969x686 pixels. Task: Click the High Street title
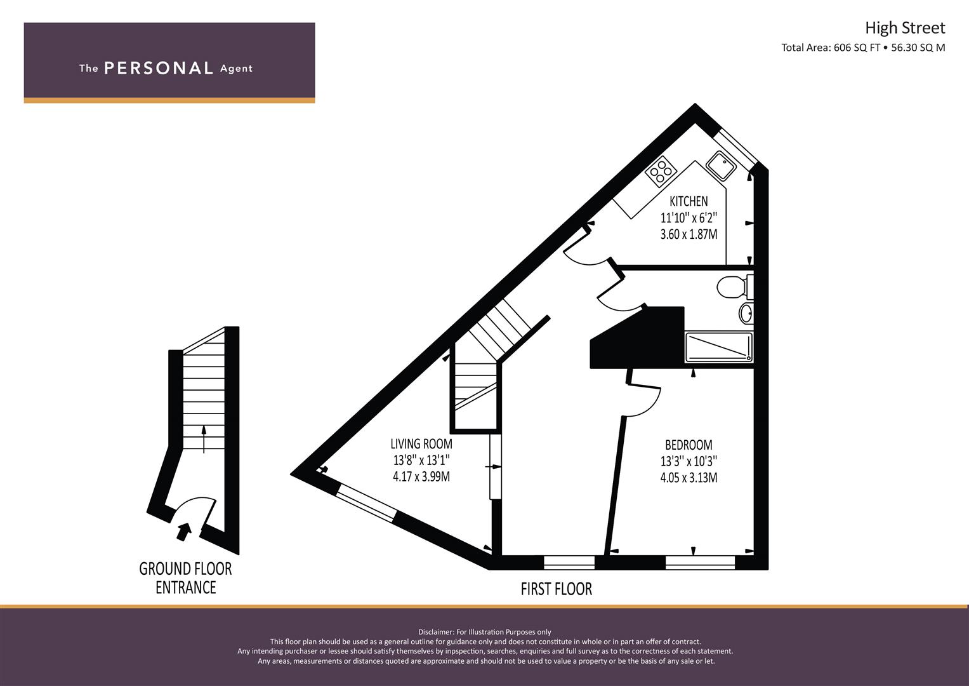click(905, 29)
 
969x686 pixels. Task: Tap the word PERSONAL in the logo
click(159, 69)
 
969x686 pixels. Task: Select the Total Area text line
click(863, 48)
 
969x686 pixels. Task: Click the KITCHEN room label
click(689, 201)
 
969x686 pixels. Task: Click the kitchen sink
click(721, 166)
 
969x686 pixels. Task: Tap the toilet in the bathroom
click(735, 287)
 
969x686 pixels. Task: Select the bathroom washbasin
click(746, 313)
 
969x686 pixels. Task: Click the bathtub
click(719, 347)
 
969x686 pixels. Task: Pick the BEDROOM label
click(689, 445)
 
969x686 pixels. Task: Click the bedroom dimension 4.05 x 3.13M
click(689, 478)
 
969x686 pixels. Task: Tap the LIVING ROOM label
click(421, 444)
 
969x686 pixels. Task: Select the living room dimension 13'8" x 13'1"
click(421, 460)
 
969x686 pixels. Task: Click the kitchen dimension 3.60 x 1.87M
click(689, 234)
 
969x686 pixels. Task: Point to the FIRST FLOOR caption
click(557, 589)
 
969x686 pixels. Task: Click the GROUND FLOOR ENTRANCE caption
click(185, 578)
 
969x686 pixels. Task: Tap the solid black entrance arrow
click(184, 532)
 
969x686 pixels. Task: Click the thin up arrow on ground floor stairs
click(204, 439)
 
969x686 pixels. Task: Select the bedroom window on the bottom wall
click(701, 562)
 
